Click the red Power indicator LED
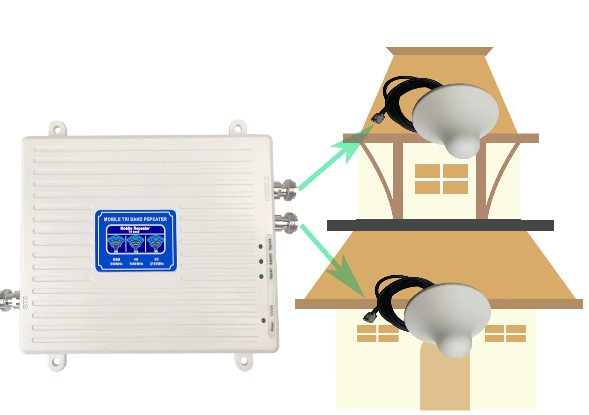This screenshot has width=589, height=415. pyautogui.click(x=264, y=321)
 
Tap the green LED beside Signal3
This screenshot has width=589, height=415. pyautogui.click(x=260, y=246)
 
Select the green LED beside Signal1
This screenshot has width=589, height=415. pyautogui.click(x=261, y=276)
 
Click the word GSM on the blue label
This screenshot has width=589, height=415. pyautogui.click(x=116, y=259)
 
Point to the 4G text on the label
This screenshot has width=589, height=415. pyautogui.click(x=136, y=259)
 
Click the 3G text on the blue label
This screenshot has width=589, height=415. pyautogui.click(x=156, y=259)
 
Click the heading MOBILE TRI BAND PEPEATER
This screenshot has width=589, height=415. pyautogui.click(x=135, y=219)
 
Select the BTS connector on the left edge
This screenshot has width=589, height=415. pyautogui.click(x=8, y=300)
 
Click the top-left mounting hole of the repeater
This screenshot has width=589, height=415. pyautogui.click(x=57, y=129)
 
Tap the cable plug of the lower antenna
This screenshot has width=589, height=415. pyautogui.click(x=367, y=316)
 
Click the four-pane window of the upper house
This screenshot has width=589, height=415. pyautogui.click(x=441, y=179)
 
